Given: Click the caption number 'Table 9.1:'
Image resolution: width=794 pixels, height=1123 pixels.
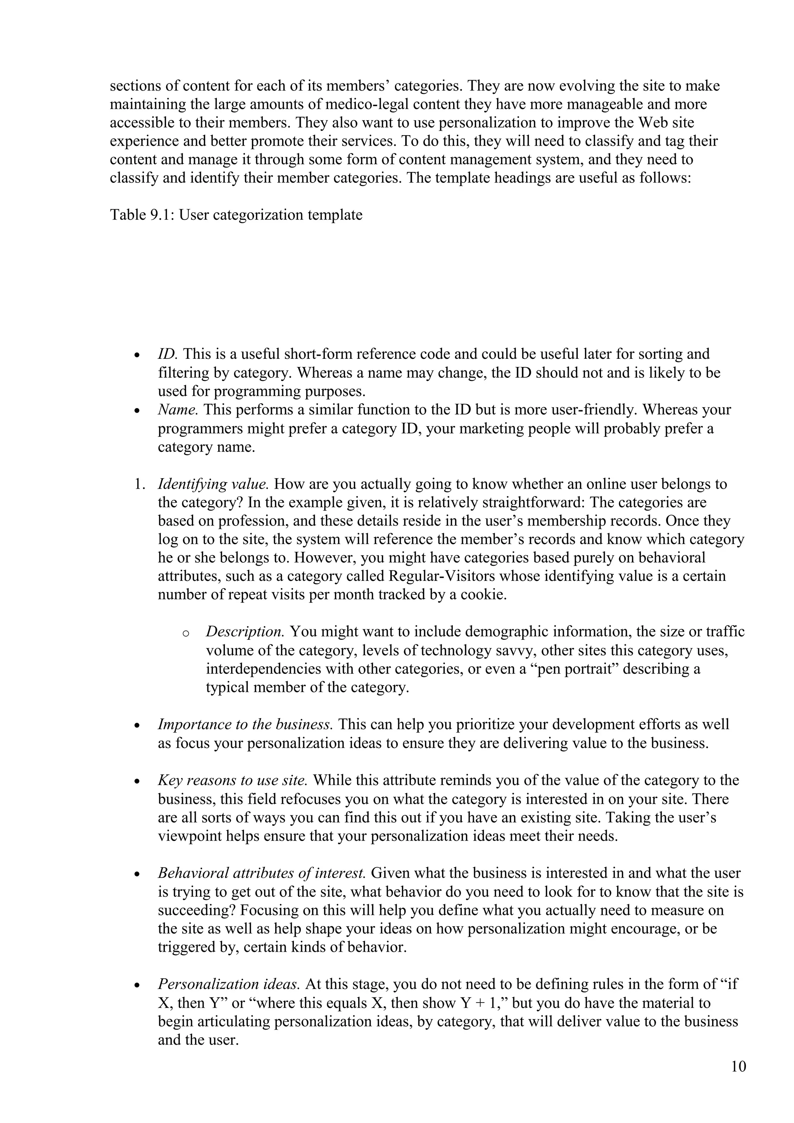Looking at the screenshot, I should [142, 215].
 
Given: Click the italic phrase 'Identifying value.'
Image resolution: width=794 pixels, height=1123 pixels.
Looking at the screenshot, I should [213, 484].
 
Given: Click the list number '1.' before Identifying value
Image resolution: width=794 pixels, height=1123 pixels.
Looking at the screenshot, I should [140, 484].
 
